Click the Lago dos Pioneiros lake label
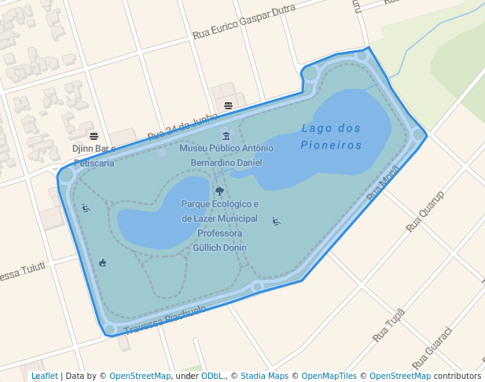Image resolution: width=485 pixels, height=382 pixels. click(x=330, y=137)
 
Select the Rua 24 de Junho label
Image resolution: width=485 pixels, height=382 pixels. click(x=182, y=125)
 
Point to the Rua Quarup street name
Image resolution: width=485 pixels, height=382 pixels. click(x=424, y=211)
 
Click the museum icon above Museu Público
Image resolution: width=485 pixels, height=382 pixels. click(x=226, y=136)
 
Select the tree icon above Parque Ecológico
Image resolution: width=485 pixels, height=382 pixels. click(x=219, y=191)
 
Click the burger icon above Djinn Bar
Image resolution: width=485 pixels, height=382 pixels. click(x=94, y=136)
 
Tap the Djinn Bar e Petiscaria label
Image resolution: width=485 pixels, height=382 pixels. click(x=94, y=156)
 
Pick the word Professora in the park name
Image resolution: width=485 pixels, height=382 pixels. click(x=219, y=233)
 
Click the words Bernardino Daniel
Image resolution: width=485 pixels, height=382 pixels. click(x=226, y=163)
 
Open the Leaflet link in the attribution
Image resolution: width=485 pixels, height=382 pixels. click(x=45, y=376)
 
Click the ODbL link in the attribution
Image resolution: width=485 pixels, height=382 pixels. click(x=211, y=376)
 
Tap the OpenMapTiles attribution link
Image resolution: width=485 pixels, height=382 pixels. click(x=329, y=376)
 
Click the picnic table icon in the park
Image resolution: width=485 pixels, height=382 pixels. click(x=103, y=263)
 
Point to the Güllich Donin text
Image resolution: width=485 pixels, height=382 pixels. click(x=219, y=248)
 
